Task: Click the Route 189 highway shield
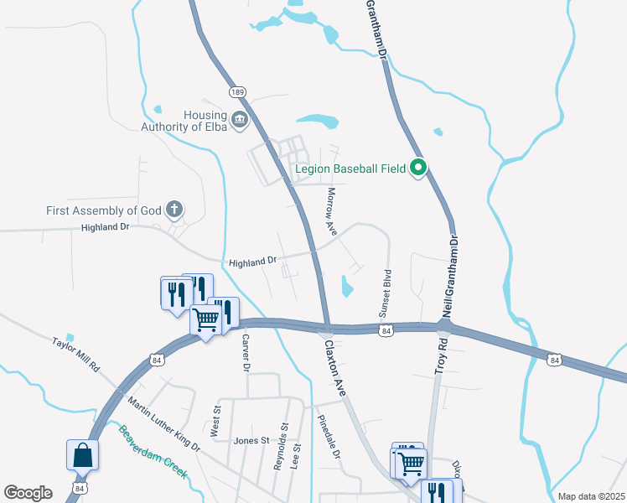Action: tap(236, 91)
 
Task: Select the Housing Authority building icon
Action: tap(240, 120)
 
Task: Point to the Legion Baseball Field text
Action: tap(350, 169)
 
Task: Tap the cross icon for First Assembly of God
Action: tap(174, 209)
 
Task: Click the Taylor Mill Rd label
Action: tap(75, 355)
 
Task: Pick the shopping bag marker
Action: tap(83, 455)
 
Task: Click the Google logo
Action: tap(28, 493)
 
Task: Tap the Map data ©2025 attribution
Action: tap(590, 496)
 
